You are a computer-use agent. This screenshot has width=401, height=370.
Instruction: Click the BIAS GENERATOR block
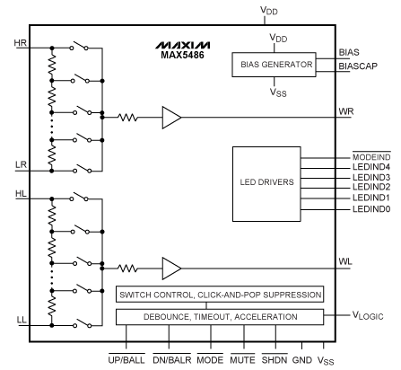(x=274, y=65)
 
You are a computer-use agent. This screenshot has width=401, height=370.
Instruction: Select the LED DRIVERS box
(x=266, y=184)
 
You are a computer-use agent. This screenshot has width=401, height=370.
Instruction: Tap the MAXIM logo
(x=182, y=45)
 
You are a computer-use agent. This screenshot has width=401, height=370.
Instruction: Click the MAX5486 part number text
(x=182, y=55)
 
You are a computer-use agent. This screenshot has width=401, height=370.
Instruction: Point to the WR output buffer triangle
(x=171, y=118)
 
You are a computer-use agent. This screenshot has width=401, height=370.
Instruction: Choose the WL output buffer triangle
(x=171, y=269)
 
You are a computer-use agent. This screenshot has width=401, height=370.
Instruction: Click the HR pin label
(x=21, y=43)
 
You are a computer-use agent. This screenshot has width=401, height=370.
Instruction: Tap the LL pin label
(x=22, y=320)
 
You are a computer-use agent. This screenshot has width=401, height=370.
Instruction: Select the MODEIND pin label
(x=371, y=157)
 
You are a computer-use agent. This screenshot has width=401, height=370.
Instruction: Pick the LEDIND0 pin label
(x=371, y=209)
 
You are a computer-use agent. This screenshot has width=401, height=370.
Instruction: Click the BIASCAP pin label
(x=358, y=66)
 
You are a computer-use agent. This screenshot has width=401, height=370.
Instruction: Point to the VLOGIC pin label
(x=368, y=316)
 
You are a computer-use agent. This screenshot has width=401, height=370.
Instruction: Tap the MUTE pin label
(x=242, y=359)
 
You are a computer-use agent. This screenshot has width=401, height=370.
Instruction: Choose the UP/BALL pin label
(x=126, y=359)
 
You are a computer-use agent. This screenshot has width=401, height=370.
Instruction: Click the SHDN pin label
(x=275, y=359)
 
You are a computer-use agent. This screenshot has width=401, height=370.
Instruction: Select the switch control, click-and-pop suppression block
(x=220, y=295)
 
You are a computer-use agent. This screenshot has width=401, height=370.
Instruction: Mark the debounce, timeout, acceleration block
(x=220, y=317)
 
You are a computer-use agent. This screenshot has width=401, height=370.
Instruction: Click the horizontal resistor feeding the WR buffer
(x=128, y=118)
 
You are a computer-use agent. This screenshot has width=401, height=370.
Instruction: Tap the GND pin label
(x=302, y=360)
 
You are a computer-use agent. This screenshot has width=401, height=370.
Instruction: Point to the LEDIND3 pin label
(x=371, y=177)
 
